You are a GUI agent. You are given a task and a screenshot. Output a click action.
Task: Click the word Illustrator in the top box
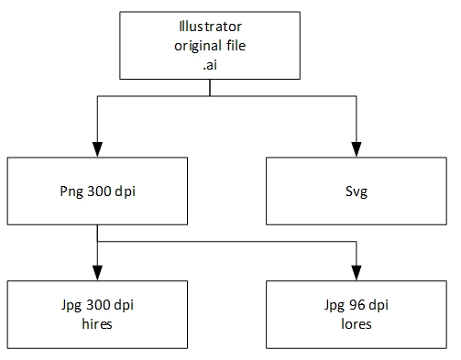(210, 27)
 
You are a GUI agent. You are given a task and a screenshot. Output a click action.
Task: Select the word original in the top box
(198, 46)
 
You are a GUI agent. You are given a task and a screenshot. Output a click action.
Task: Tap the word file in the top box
(236, 45)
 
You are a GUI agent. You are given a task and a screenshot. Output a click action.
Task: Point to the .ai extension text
(210, 65)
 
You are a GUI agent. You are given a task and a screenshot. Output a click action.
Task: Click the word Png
(71, 191)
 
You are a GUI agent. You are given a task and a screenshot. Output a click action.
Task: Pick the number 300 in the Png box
(99, 191)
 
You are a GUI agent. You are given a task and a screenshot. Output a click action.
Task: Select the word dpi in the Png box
(125, 191)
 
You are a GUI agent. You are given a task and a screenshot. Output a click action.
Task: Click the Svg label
(357, 191)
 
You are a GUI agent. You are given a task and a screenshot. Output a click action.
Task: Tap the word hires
(97, 323)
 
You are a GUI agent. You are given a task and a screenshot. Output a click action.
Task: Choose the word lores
(357, 323)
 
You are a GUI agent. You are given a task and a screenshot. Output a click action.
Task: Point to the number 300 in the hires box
(98, 304)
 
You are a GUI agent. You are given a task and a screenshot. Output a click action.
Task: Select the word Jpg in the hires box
(71, 305)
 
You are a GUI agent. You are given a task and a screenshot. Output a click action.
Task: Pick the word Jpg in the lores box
(335, 305)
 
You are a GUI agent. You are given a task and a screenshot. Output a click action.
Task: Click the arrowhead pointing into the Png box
(97, 149)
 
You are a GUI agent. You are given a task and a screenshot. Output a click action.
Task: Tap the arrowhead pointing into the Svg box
(357, 149)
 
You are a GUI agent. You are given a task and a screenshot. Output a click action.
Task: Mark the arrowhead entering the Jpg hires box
(97, 273)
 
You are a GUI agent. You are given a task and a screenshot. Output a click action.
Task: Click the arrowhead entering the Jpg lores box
(357, 273)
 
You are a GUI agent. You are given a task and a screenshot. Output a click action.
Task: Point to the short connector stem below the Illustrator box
(210, 88)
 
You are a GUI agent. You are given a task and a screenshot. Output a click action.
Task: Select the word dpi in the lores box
(379, 305)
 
